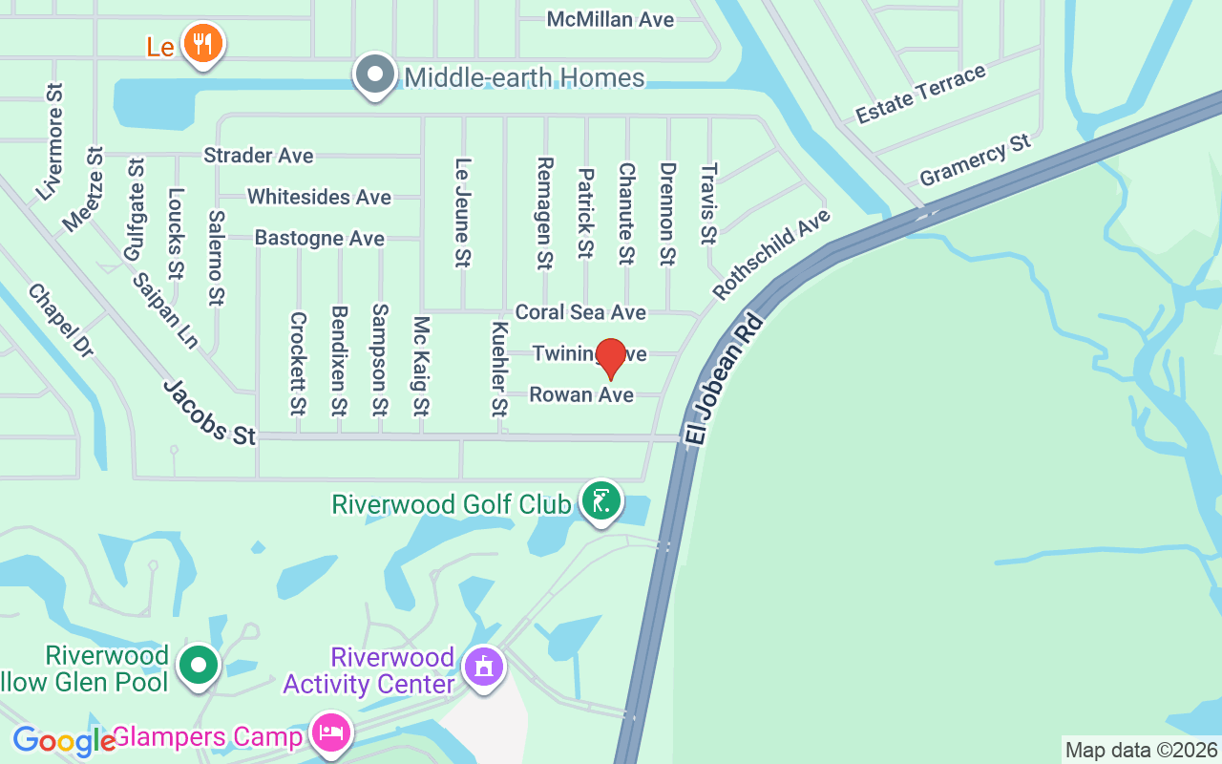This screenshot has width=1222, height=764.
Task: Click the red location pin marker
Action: pos(610,358)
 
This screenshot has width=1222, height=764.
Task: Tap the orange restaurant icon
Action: pos(201,43)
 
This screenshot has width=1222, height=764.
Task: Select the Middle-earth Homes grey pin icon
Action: pos(375,74)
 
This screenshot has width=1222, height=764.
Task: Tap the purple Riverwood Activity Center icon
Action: pos(483,667)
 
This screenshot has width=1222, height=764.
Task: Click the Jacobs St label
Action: pos(209,413)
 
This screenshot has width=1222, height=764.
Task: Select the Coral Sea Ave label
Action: pos(580,312)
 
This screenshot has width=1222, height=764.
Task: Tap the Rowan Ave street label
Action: pos(581,394)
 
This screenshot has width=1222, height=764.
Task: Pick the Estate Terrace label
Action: pos(920,95)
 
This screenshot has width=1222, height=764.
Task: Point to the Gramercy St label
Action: pos(975,160)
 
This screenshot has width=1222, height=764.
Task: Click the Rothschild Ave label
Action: pos(771,254)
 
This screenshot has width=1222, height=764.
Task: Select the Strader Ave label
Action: pos(258,155)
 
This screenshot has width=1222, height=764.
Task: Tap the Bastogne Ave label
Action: pos(319,238)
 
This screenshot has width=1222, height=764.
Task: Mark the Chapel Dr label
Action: pos(60,320)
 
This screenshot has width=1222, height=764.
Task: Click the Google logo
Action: pos(63,740)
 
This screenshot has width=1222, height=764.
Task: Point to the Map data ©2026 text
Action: pos(1141,750)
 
